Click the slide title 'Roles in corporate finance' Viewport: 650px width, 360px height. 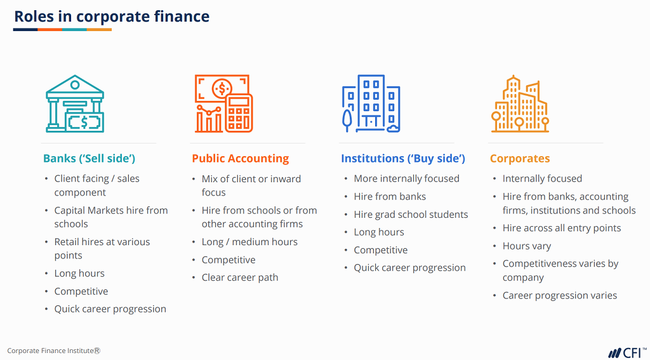112,17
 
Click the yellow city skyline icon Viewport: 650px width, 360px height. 520,104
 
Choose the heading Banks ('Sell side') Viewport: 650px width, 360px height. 89,158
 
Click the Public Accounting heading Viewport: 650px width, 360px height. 240,158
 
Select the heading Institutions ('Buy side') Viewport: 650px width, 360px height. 403,158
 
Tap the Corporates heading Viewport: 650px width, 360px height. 520,158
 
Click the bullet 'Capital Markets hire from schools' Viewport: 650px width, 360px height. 111,217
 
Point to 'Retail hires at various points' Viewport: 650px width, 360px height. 102,248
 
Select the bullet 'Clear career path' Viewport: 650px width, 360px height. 240,277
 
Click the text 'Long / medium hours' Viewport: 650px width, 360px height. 249,242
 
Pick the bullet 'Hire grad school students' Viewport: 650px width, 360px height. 411,215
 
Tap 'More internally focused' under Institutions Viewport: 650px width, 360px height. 406,178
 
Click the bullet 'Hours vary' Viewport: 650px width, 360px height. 527,246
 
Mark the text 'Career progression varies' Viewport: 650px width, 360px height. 560,295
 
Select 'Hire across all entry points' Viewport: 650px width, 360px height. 562,228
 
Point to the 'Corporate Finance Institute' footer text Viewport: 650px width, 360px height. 53,350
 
